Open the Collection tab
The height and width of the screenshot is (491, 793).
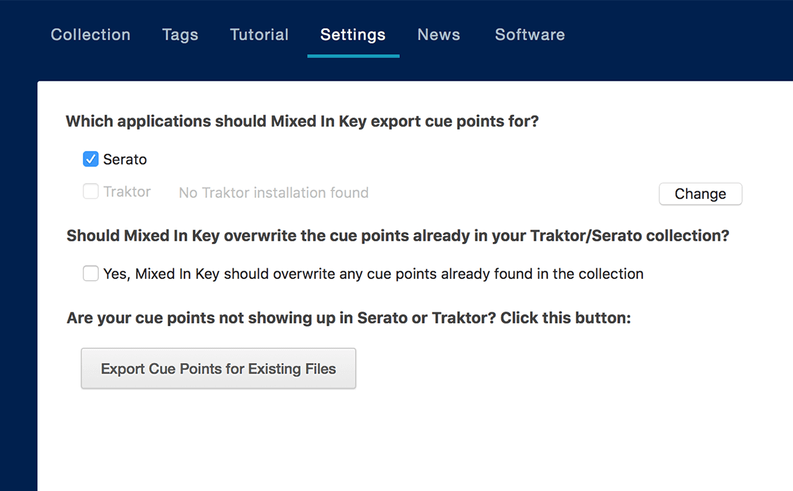click(90, 35)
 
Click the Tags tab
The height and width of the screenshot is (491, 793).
click(180, 35)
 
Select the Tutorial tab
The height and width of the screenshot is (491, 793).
click(259, 35)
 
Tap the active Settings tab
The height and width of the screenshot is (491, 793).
click(353, 35)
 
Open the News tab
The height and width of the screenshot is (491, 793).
click(439, 35)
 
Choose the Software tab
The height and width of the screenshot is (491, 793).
click(529, 35)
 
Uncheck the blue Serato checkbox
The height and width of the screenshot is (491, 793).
click(90, 159)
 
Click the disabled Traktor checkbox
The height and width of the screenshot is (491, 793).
click(90, 191)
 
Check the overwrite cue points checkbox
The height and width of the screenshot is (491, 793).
click(90, 274)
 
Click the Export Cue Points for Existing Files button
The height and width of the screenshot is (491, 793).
click(218, 369)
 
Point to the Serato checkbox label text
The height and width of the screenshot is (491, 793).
click(125, 159)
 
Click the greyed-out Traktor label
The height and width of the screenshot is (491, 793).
click(127, 192)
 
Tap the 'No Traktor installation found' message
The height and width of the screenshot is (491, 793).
click(273, 193)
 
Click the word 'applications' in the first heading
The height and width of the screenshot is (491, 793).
click(163, 122)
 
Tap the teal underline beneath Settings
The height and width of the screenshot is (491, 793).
click(353, 56)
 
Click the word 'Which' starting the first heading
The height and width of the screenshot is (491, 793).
click(89, 122)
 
